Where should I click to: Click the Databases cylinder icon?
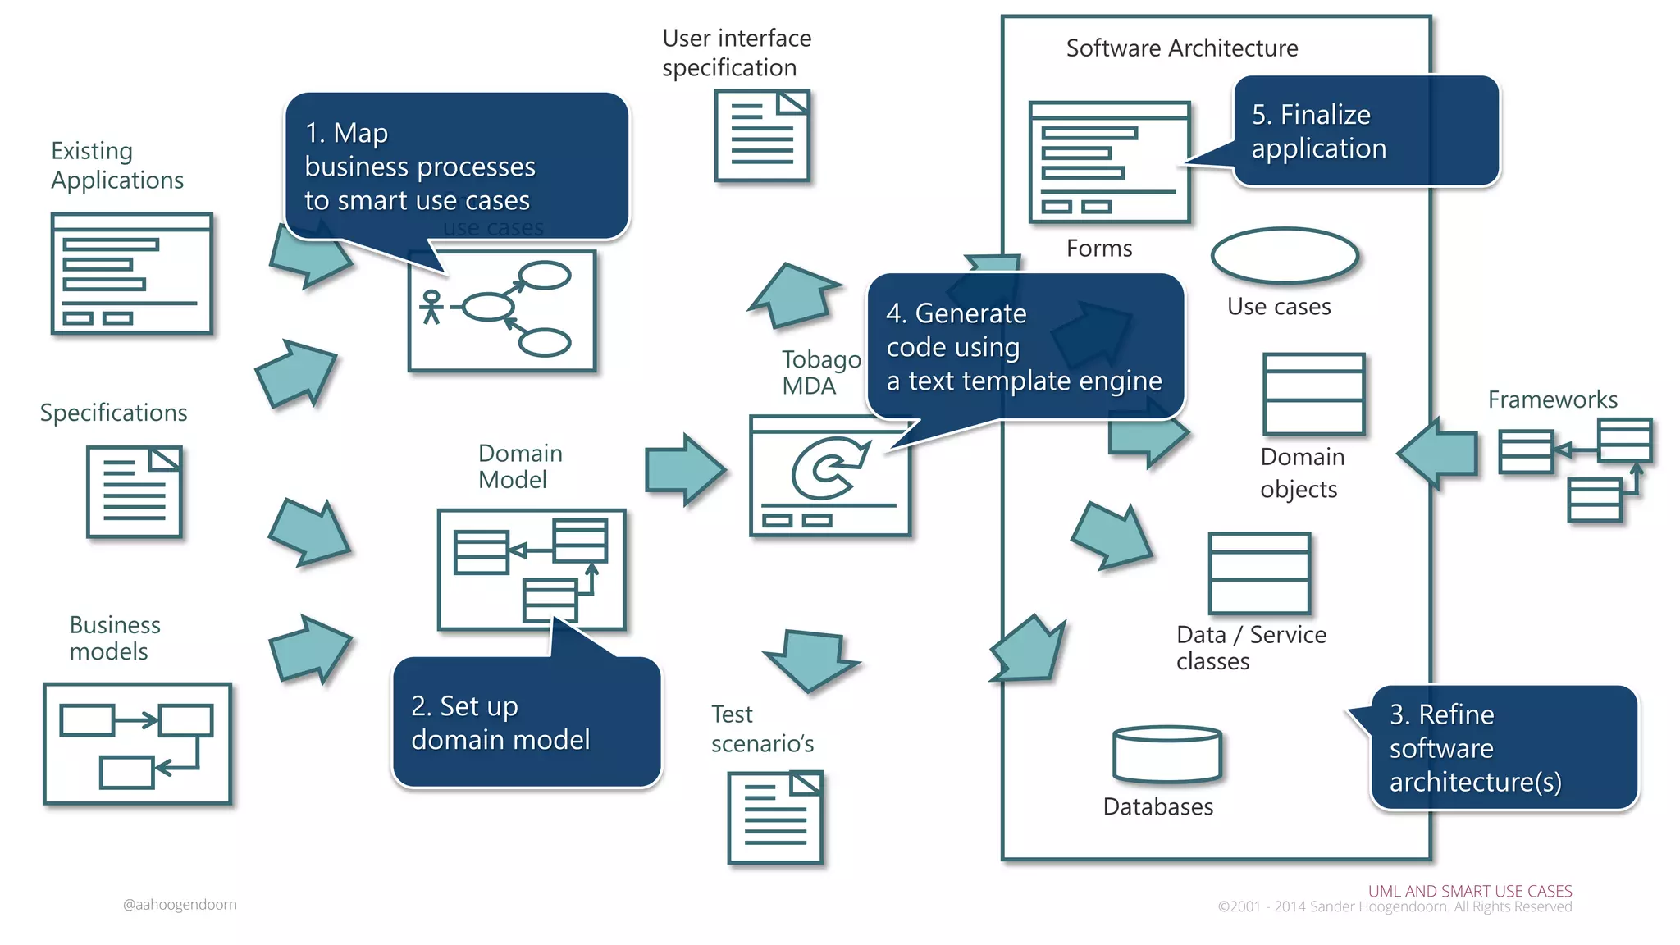click(1166, 753)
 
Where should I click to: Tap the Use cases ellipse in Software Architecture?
click(1284, 256)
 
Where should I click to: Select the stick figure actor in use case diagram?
click(431, 307)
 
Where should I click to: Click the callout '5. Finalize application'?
click(1366, 131)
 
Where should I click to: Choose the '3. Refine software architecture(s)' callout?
click(1503, 747)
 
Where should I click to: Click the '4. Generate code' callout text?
click(1024, 346)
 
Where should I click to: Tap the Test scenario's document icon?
click(775, 817)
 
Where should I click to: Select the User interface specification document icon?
click(761, 136)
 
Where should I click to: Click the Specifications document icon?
click(135, 491)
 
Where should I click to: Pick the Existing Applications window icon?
click(131, 273)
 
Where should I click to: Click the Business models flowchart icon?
click(137, 743)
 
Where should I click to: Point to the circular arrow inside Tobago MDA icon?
click(829, 468)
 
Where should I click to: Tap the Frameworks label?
click(1552, 399)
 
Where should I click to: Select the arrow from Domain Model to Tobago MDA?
click(684, 470)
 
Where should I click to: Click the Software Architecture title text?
click(1181, 48)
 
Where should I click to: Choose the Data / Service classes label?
click(1250, 647)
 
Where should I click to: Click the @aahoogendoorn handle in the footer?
click(180, 904)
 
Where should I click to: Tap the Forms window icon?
click(1109, 162)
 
